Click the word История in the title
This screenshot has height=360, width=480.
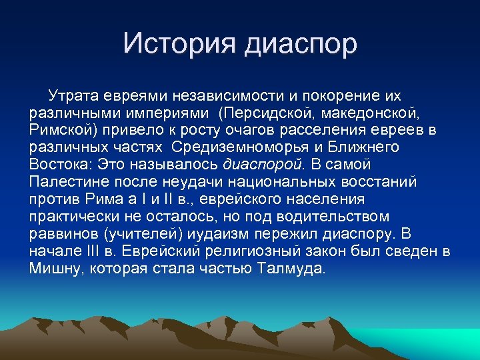coord(178,44)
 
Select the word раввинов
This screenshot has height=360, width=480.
coord(60,233)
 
